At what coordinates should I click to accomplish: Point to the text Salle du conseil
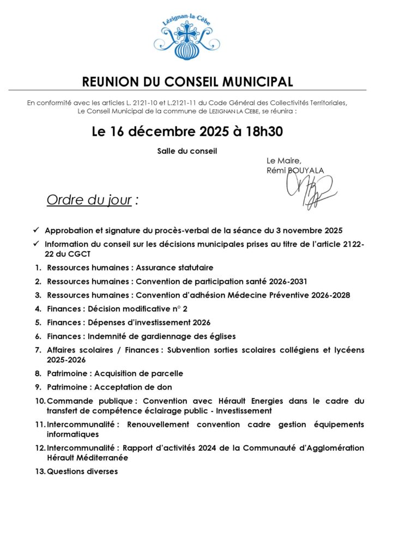pos(187,151)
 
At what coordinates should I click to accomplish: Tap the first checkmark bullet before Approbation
pos(35,231)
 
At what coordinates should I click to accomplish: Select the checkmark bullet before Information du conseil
pos(35,245)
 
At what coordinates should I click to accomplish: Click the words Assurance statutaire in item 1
pos(174,268)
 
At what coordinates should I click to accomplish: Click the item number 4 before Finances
pos(38,309)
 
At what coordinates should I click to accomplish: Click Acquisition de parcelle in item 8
pos(139,373)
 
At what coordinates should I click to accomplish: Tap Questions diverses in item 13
pos(82,471)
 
